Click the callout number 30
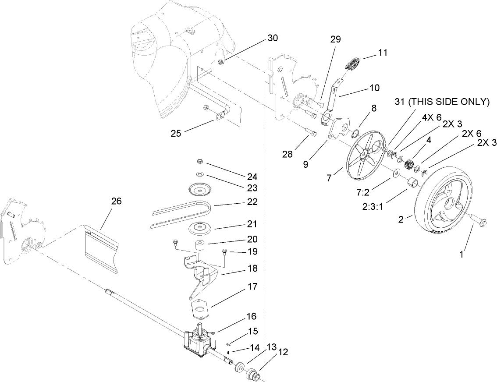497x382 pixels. pos(272,38)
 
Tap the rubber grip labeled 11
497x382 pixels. pos(351,64)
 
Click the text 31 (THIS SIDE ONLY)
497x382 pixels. pos(441,102)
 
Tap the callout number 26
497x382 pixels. pos(116,202)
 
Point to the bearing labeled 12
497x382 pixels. pos(253,375)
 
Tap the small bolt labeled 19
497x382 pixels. pos(224,251)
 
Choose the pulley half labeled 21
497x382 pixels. pos(199,227)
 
